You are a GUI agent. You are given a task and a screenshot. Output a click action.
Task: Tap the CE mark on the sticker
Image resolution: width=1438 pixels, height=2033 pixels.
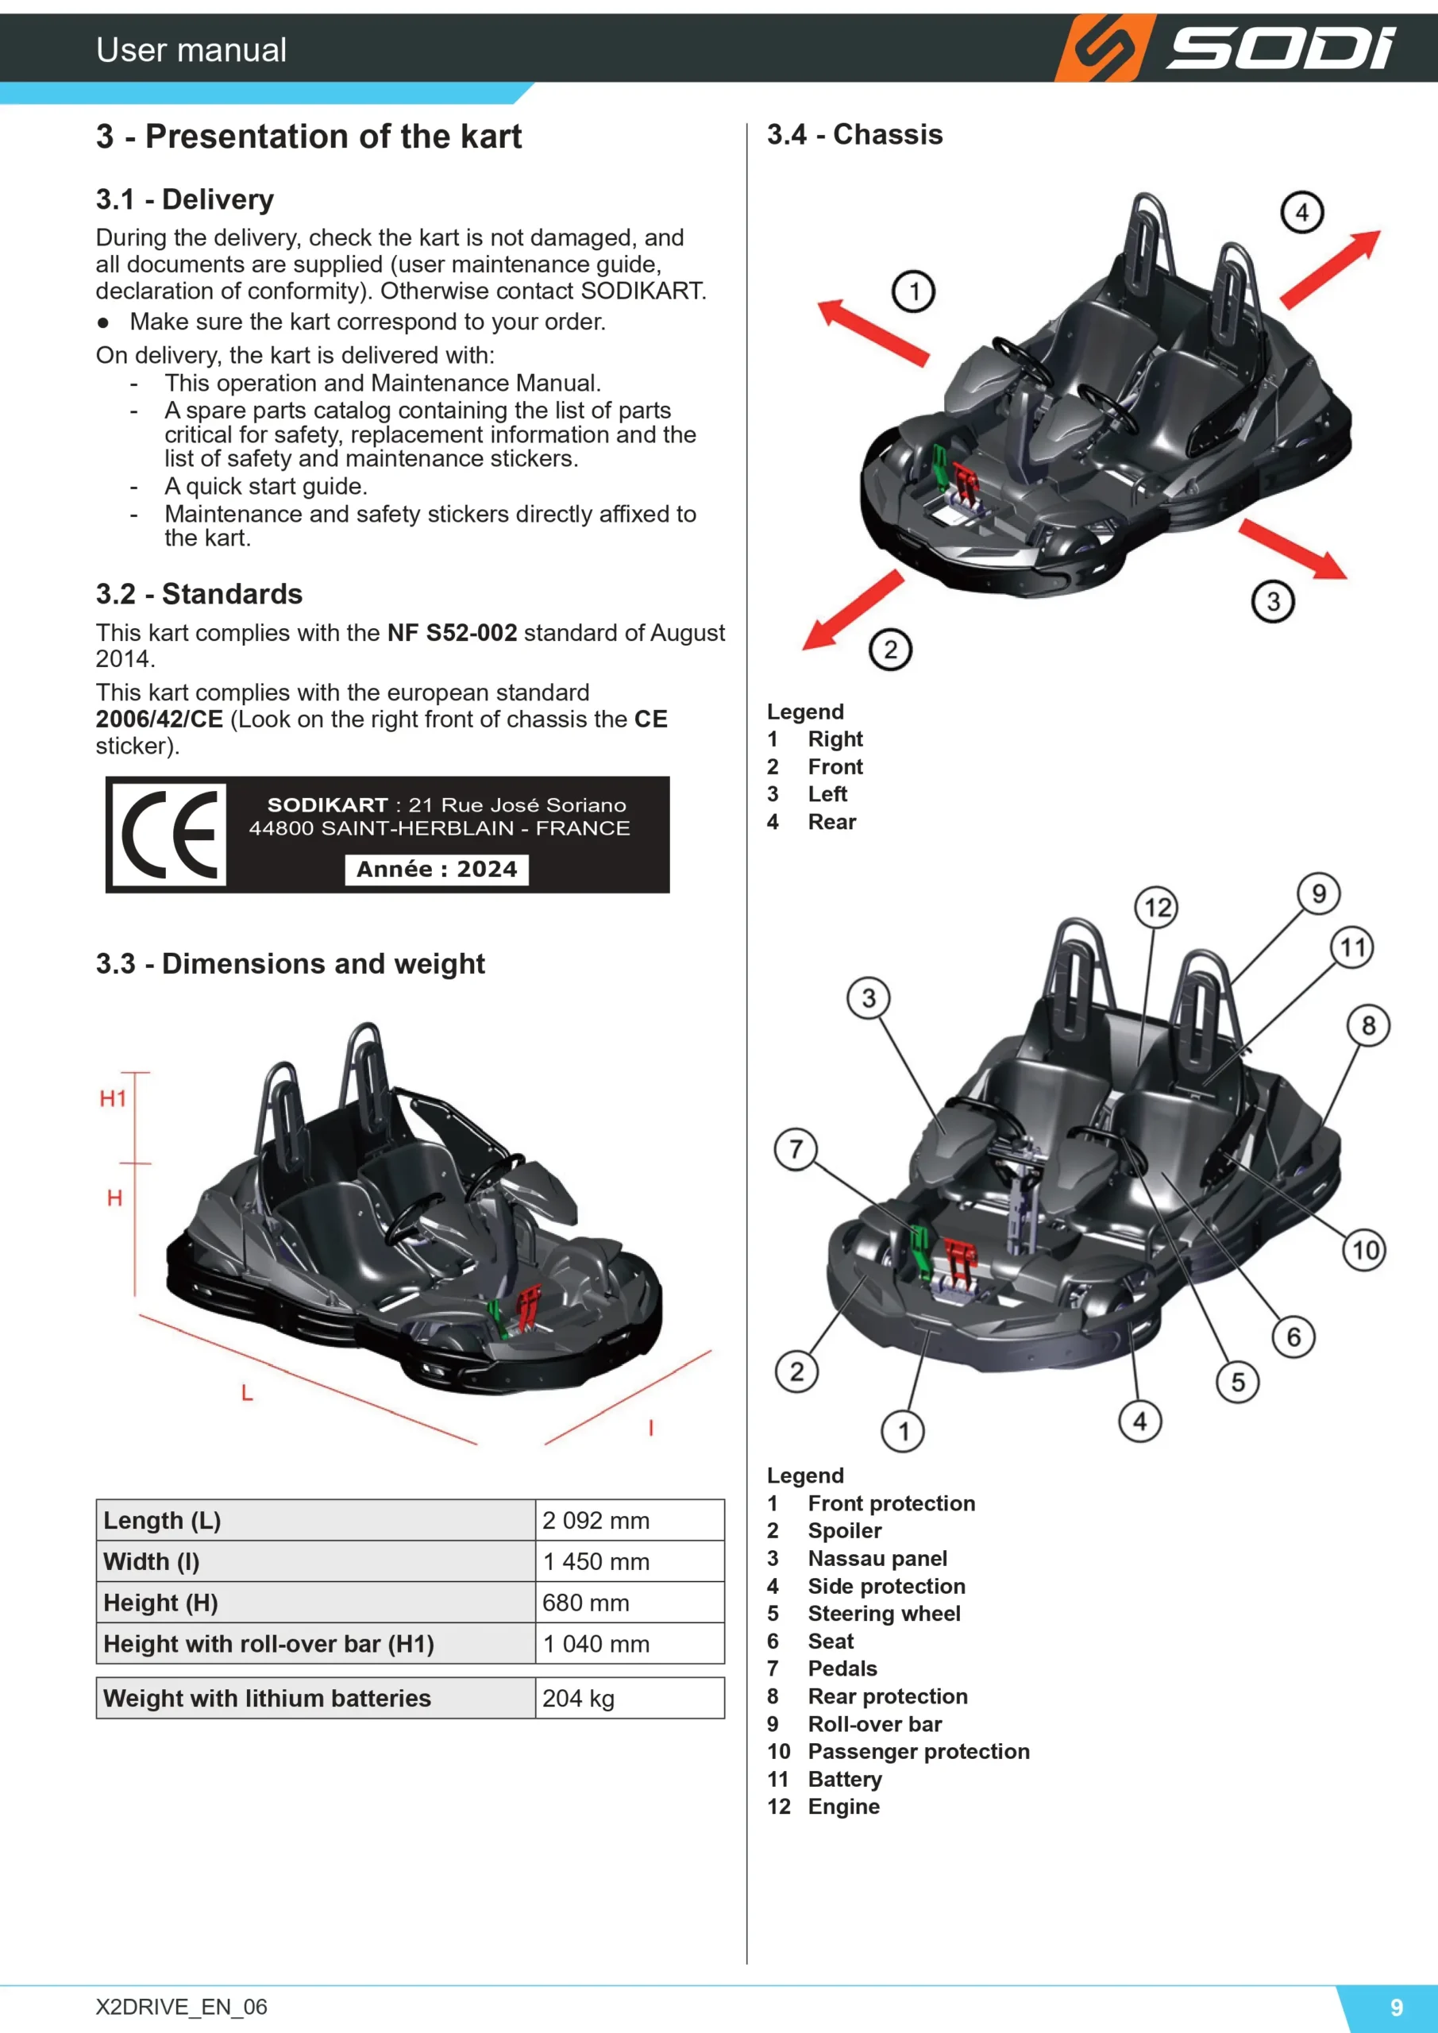[169, 834]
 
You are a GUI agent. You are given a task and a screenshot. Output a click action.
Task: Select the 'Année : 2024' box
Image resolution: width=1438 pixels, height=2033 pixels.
[437, 869]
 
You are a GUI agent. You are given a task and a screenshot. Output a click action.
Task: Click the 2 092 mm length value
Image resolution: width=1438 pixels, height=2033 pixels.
[596, 1520]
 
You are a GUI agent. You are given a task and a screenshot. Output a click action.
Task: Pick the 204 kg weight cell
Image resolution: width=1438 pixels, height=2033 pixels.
[578, 1699]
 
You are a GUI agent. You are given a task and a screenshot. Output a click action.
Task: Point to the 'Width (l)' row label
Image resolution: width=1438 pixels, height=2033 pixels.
[152, 1561]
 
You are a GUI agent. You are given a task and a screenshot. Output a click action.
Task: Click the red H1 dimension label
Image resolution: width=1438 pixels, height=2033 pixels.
[114, 1099]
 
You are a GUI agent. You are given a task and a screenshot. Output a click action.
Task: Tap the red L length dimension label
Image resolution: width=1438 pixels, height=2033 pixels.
[247, 1393]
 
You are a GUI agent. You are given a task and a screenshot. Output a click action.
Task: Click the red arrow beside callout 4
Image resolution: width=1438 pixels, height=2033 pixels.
[1330, 269]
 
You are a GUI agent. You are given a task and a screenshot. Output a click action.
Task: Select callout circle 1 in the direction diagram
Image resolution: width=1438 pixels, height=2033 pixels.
[914, 291]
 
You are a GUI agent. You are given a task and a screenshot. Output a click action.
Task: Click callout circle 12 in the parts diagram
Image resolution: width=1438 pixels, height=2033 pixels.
[1157, 908]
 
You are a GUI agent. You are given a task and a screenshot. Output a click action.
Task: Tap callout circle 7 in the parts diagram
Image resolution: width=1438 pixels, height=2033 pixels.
[796, 1149]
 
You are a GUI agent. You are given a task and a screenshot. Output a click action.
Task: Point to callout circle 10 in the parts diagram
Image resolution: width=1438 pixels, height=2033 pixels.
[1364, 1249]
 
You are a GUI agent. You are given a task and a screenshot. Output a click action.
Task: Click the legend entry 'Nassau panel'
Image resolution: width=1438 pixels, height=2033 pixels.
[877, 1558]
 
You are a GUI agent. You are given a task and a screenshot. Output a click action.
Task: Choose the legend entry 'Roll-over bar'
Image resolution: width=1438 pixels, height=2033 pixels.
[875, 1724]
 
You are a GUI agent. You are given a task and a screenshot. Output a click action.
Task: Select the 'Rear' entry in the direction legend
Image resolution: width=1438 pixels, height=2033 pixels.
[831, 822]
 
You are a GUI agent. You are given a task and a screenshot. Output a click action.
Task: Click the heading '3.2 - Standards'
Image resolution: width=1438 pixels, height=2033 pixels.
[199, 593]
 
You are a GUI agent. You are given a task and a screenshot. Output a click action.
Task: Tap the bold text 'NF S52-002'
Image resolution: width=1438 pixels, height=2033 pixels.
[452, 632]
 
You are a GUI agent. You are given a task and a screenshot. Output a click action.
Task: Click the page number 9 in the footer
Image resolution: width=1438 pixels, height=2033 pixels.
[1397, 2008]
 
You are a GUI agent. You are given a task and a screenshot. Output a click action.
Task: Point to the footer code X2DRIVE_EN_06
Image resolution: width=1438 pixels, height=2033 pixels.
[182, 2007]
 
